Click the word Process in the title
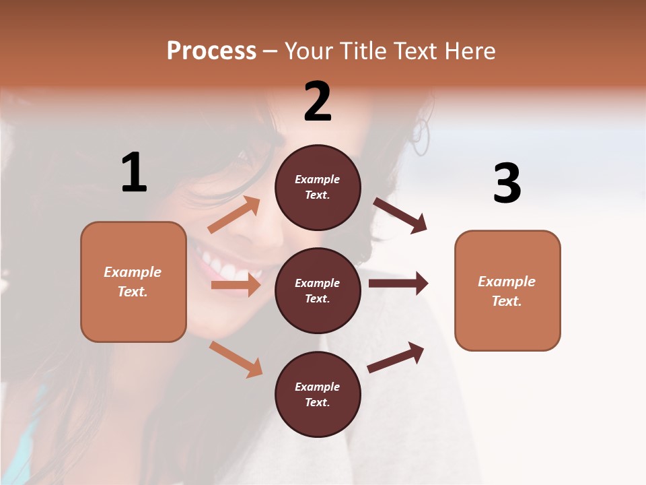(211, 51)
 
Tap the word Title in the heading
(361, 51)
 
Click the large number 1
(134, 173)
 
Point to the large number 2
(318, 102)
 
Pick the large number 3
(507, 183)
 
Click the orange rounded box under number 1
(133, 282)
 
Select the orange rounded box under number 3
(507, 291)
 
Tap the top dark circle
(318, 187)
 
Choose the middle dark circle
(318, 291)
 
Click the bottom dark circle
(318, 395)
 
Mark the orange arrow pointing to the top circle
(234, 216)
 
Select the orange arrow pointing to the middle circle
(236, 285)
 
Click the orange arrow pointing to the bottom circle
(236, 359)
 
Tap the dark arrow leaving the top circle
(400, 216)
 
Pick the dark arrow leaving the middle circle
(398, 284)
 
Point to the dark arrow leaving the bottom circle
(396, 357)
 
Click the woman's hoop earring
(421, 137)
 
